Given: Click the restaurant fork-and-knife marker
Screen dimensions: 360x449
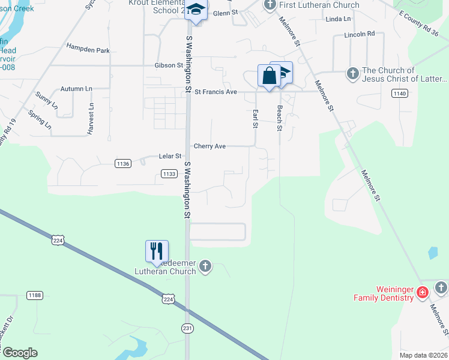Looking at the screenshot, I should pyautogui.click(x=157, y=250).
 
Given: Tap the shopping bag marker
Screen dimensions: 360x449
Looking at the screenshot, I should pyautogui.click(x=268, y=76).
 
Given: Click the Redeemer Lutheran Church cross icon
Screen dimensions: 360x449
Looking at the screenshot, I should pyautogui.click(x=206, y=266).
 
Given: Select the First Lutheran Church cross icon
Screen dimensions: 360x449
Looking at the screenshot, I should pyautogui.click(x=270, y=5).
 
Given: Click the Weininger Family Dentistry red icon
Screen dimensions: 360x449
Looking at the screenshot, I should pyautogui.click(x=423, y=292).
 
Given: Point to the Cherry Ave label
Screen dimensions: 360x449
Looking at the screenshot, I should pyautogui.click(x=209, y=146).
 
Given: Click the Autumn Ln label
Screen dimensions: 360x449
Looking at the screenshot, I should pyautogui.click(x=76, y=89).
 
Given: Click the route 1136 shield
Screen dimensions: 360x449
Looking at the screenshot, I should pyautogui.click(x=123, y=163).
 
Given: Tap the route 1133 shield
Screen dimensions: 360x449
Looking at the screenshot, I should pyautogui.click(x=169, y=174).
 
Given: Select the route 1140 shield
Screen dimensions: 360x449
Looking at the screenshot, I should pyautogui.click(x=400, y=93).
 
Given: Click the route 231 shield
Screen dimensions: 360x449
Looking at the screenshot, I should pyautogui.click(x=188, y=327).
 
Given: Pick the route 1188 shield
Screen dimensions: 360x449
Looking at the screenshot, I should pyautogui.click(x=35, y=295).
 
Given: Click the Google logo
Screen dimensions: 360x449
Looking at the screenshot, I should pyautogui.click(x=20, y=353).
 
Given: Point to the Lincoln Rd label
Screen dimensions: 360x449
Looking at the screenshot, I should pyautogui.click(x=360, y=34).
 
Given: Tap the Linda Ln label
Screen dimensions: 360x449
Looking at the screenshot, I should pyautogui.click(x=338, y=19).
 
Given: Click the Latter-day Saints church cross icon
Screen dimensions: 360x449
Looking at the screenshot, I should pyautogui.click(x=353, y=74).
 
